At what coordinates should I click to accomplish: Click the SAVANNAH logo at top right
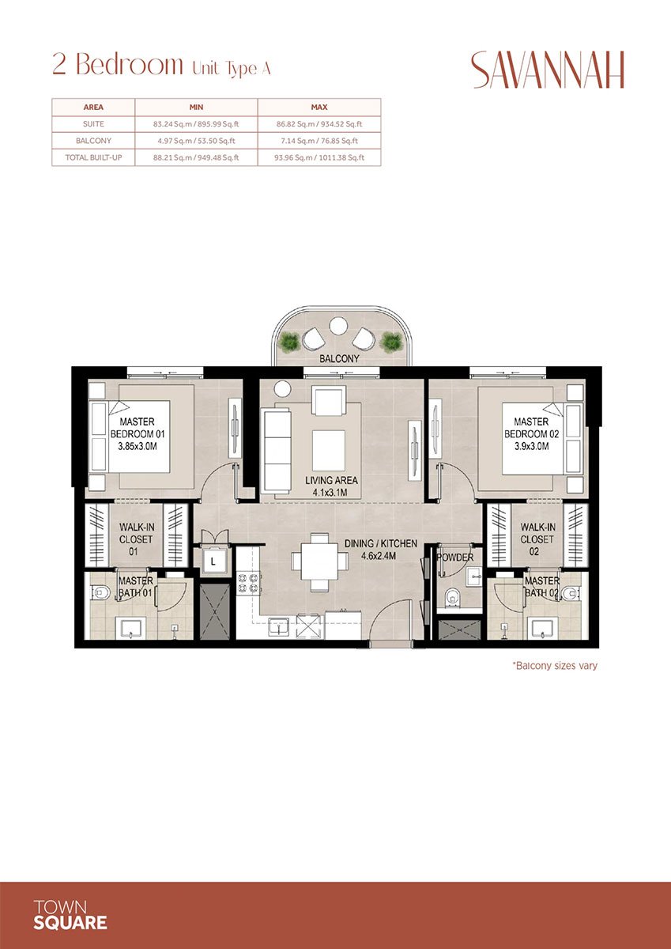(x=547, y=70)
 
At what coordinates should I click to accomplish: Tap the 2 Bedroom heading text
(x=116, y=65)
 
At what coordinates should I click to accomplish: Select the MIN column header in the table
(x=196, y=107)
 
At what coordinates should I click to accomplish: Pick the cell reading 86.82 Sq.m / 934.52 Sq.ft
(x=319, y=124)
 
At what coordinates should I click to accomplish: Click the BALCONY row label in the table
(x=93, y=142)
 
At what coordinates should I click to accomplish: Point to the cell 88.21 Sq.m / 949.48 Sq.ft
(x=196, y=158)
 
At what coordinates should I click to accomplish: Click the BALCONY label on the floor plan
(x=339, y=359)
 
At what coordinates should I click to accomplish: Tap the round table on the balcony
(x=338, y=325)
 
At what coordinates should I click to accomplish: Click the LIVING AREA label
(x=331, y=480)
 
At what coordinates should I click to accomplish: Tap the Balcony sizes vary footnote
(x=555, y=666)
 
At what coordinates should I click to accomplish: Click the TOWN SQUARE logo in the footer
(x=71, y=914)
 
